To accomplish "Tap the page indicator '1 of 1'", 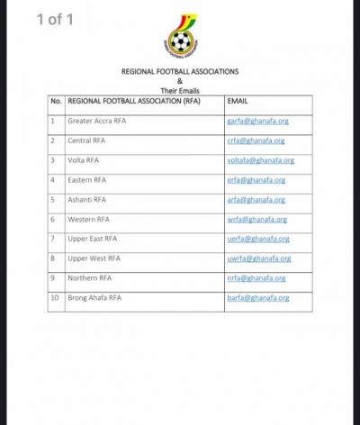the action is pyautogui.click(x=56, y=19).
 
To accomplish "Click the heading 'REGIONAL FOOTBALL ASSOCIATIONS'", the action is pyautogui.click(x=180, y=70).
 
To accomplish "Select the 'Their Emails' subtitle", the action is pyautogui.click(x=180, y=90).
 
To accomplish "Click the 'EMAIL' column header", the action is pyautogui.click(x=238, y=102).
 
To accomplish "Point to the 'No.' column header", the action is pyautogui.click(x=56, y=102).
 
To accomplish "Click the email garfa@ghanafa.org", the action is pyautogui.click(x=256, y=121).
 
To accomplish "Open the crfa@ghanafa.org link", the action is pyautogui.click(x=256, y=140).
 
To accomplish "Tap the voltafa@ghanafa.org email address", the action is pyautogui.click(x=260, y=160).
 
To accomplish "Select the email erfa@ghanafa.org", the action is pyautogui.click(x=256, y=180).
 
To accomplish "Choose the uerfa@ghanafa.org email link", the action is pyautogui.click(x=257, y=239).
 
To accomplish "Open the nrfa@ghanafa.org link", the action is pyautogui.click(x=256, y=278).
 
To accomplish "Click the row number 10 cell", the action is pyautogui.click(x=55, y=298).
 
